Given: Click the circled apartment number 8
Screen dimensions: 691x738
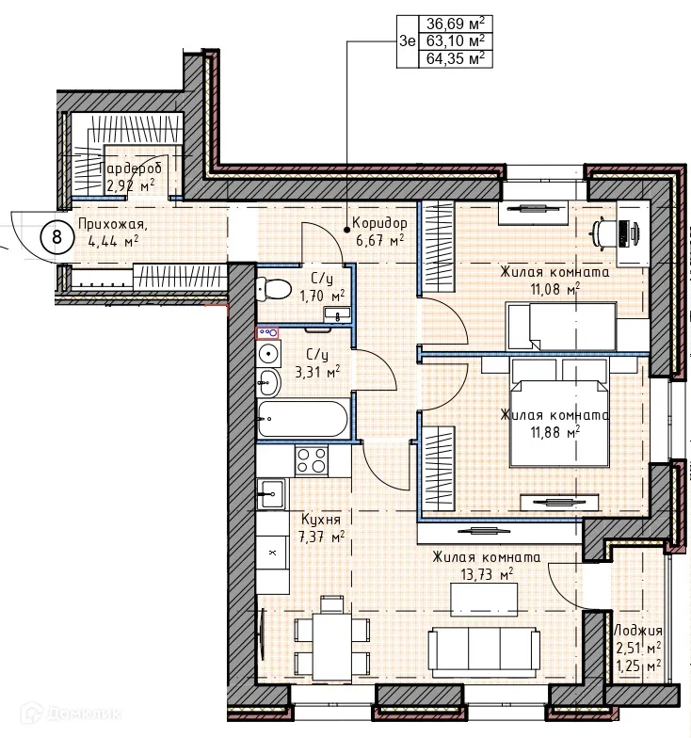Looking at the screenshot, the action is [56, 237].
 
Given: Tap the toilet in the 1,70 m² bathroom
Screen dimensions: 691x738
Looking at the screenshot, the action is [274, 288].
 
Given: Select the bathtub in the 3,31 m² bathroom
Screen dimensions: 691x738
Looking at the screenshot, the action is [303, 419].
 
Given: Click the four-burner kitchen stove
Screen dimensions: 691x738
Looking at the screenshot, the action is [311, 461].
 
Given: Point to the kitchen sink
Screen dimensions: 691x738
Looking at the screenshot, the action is [271, 493].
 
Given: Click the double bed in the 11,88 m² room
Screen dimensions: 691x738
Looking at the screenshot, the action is [558, 412].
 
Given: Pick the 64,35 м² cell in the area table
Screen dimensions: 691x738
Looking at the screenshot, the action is [456, 59].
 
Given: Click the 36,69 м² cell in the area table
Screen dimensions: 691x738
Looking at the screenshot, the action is [456, 24].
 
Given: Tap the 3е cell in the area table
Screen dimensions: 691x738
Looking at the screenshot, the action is [408, 41].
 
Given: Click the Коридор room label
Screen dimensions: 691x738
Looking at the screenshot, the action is [379, 222].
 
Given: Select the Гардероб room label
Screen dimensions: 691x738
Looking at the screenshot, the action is [130, 168].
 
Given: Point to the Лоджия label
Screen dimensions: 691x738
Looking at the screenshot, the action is [638, 631].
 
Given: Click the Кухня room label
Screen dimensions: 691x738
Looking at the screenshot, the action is [320, 520].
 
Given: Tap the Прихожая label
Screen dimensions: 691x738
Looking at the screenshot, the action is [113, 224].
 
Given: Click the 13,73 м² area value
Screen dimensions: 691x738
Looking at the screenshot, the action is [486, 574].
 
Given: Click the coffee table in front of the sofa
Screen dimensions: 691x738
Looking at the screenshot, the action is [484, 599].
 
